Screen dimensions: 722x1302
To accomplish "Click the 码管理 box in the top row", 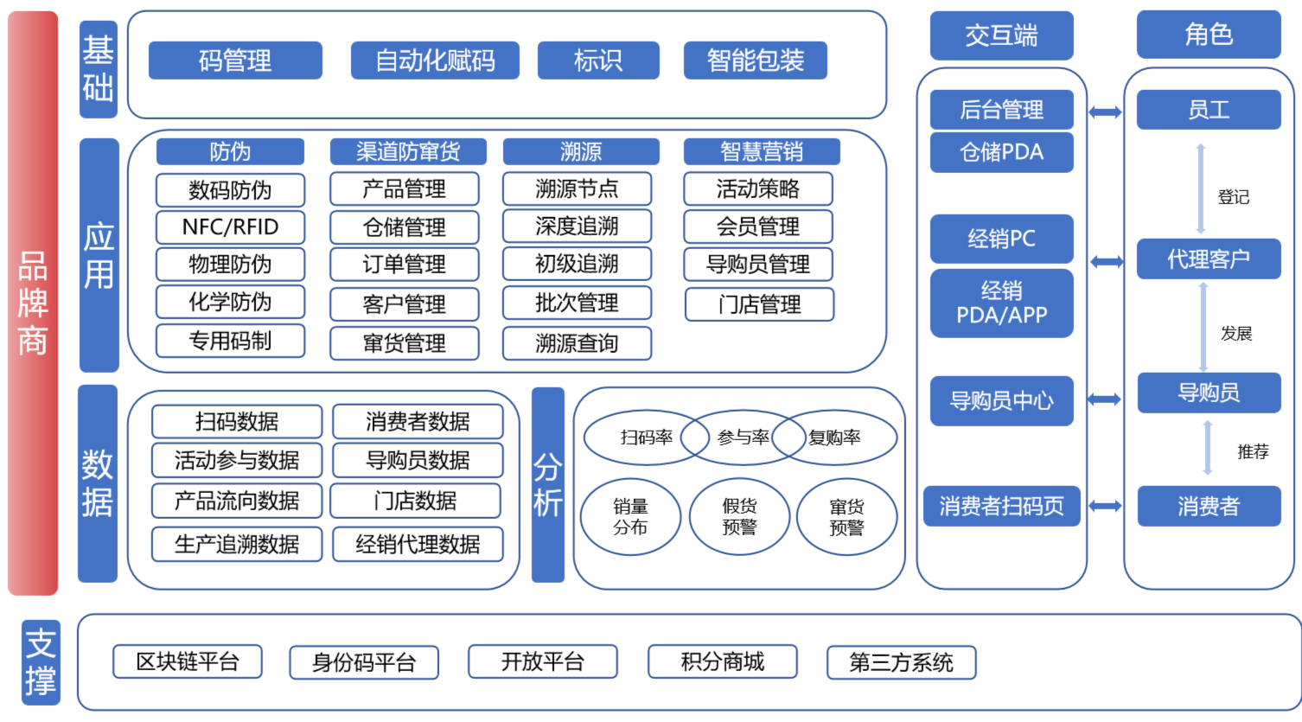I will point(235,61).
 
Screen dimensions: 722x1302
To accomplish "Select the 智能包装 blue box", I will point(755,61).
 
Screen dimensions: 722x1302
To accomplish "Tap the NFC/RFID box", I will point(230,227).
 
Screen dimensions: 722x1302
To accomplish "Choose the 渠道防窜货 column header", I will point(408,152).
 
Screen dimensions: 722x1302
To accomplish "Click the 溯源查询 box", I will point(577,343).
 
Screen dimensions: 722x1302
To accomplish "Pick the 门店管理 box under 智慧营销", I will point(759,304).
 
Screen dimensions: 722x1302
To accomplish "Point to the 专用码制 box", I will point(230,341).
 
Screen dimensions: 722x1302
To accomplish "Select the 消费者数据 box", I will point(418,422).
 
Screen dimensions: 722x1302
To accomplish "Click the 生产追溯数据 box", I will point(237,544).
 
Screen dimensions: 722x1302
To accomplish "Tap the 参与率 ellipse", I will point(742,438).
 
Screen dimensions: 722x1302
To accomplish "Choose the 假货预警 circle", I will point(739,517).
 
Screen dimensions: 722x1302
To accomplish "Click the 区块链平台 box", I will point(188,662).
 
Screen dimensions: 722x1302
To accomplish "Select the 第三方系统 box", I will point(901,662).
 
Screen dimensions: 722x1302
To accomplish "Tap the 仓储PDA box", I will point(1001,152).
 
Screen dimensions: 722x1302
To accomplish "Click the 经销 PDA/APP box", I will point(1001,303).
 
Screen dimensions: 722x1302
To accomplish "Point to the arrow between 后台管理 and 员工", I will point(1105,112).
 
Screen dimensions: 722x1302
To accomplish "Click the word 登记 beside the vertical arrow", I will point(1233,197).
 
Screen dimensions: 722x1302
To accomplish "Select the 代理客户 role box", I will point(1208,259).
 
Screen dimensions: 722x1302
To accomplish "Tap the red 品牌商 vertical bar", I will point(33,303).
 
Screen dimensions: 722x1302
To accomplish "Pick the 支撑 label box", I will point(41,662).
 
